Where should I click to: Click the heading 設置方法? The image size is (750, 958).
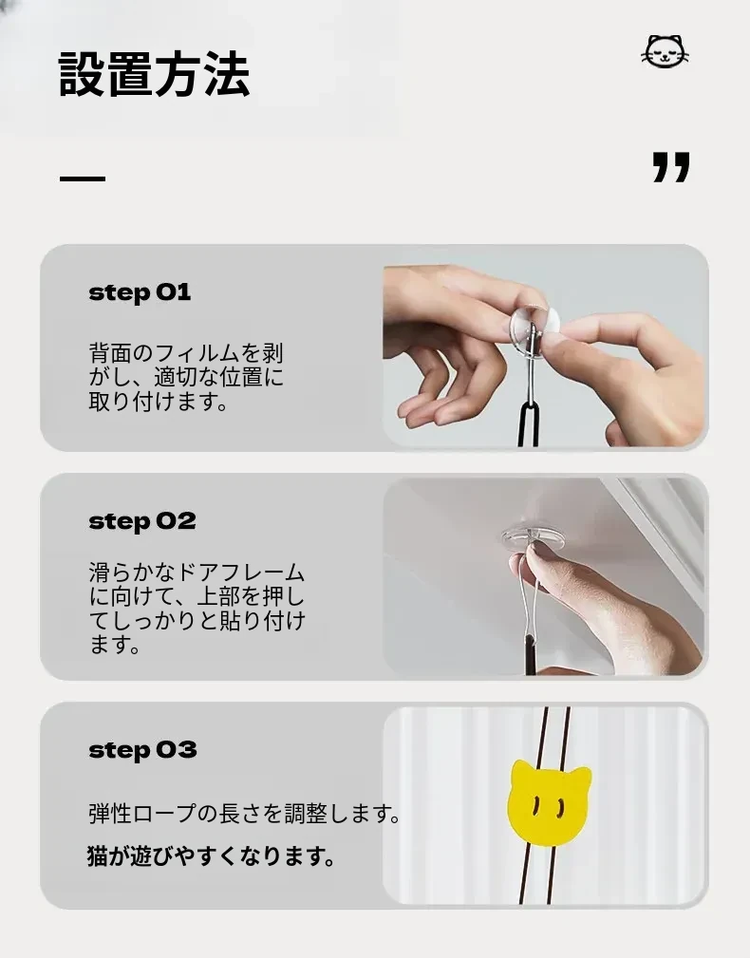(x=154, y=75)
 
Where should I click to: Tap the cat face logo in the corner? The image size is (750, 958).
(x=666, y=51)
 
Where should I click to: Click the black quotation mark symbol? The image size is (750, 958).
(x=671, y=167)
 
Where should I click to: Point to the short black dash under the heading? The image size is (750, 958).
(x=83, y=178)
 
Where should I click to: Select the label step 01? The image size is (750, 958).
(x=140, y=292)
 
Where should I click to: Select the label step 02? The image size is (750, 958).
(x=142, y=521)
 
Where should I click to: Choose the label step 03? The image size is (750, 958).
(x=143, y=750)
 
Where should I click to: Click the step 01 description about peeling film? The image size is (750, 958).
(x=186, y=377)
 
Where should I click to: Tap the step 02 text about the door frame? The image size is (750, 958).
(x=197, y=608)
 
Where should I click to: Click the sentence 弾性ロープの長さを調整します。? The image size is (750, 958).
(x=244, y=814)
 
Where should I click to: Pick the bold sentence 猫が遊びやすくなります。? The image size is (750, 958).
(x=212, y=856)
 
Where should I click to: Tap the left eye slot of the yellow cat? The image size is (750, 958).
(x=536, y=806)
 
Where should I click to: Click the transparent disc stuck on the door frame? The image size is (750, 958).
(x=530, y=536)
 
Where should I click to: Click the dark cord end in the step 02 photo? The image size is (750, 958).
(x=530, y=654)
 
